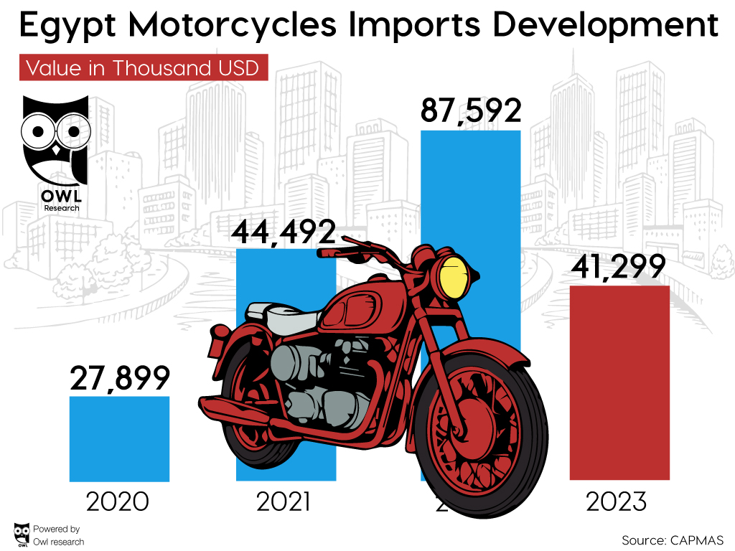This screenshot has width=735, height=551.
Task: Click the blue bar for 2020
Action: [119, 438]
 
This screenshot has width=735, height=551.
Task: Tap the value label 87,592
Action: [470, 111]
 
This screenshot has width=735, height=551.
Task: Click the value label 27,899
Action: [120, 378]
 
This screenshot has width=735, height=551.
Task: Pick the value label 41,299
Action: [619, 267]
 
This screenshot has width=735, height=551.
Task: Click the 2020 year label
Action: [118, 501]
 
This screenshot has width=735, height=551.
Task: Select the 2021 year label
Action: [284, 501]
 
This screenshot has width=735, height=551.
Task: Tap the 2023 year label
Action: [617, 501]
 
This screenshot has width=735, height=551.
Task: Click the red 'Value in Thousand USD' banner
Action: [142, 68]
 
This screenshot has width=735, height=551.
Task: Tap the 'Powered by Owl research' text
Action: [57, 535]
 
